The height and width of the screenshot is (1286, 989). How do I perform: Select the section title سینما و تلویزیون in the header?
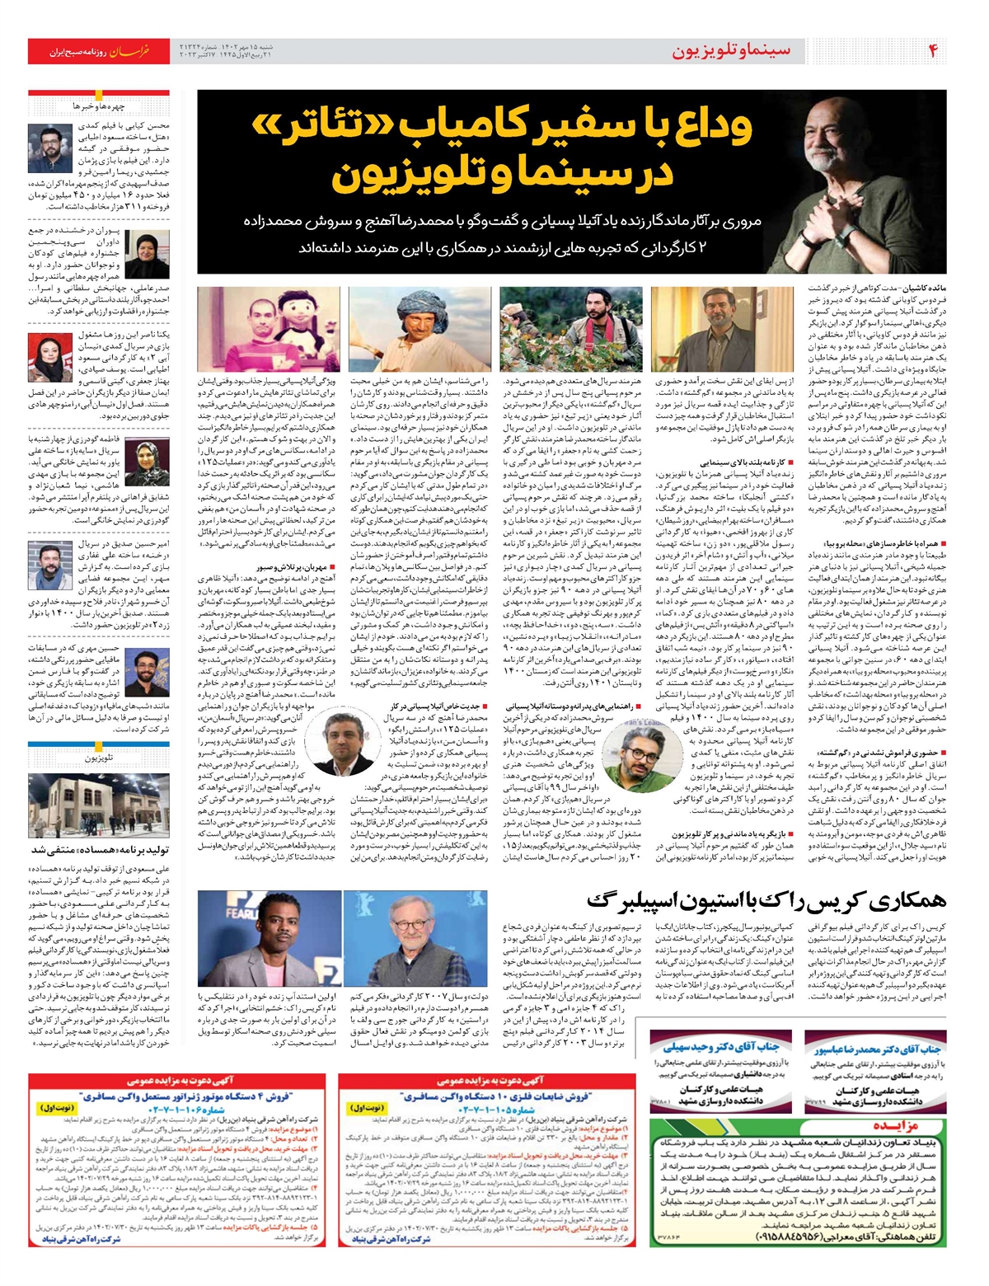730,51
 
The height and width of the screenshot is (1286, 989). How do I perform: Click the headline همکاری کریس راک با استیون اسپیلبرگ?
767,901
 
